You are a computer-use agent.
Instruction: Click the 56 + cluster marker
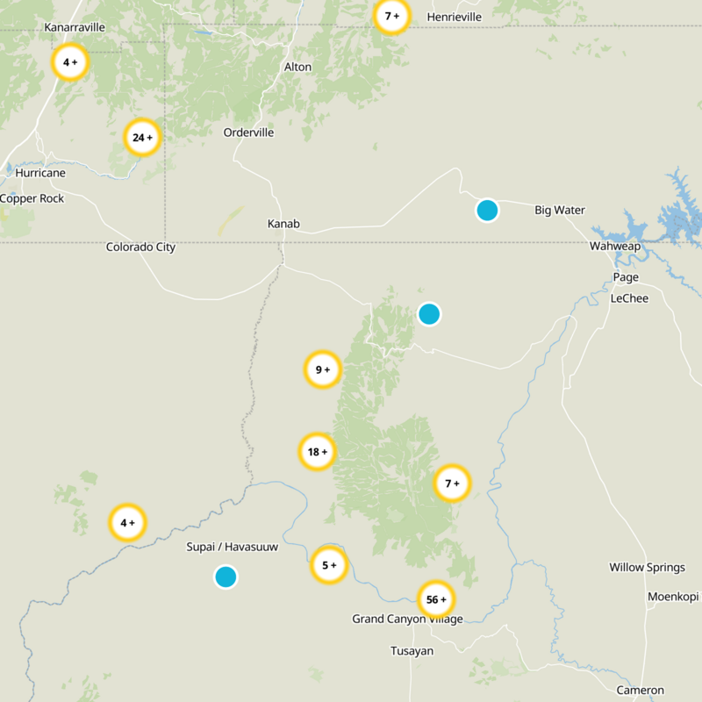tap(436, 600)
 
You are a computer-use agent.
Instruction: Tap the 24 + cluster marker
tap(142, 138)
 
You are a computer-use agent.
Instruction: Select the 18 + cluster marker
tap(317, 452)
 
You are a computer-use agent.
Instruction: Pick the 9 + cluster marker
tap(322, 370)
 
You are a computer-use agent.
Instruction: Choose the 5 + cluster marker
tap(329, 565)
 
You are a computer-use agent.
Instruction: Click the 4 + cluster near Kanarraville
tap(70, 62)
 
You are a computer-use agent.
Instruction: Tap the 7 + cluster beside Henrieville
tap(392, 16)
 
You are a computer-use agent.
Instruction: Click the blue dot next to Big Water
tap(487, 211)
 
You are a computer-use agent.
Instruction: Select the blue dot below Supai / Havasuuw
tap(226, 577)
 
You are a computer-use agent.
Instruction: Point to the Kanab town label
tap(283, 225)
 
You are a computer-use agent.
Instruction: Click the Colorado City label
tap(140, 247)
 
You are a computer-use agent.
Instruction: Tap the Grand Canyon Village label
tap(407, 620)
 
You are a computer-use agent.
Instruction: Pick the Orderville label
tap(248, 133)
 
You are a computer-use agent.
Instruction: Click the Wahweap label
tap(614, 247)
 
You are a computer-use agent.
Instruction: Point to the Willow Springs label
tap(648, 568)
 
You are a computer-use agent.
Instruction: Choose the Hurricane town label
tap(39, 174)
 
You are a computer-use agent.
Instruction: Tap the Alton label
tap(297, 68)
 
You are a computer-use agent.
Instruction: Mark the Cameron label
tap(640, 691)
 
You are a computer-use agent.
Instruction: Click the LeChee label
tap(629, 299)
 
